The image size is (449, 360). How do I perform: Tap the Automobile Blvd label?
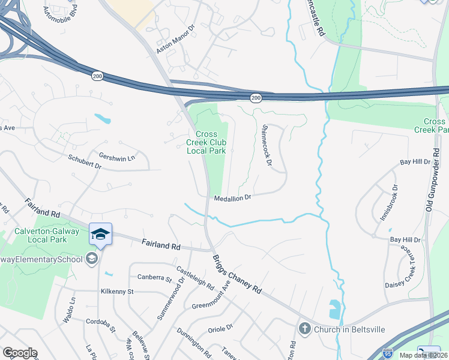coord(61,8)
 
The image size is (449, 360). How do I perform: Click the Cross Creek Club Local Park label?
coord(206,142)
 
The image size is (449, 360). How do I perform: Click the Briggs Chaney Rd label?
coord(236,274)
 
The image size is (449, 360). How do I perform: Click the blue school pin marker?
coord(100,234)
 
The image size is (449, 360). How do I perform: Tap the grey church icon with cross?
coord(304,329)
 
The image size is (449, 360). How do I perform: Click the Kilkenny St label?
coord(117,292)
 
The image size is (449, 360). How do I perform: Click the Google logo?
coord(20,352)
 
